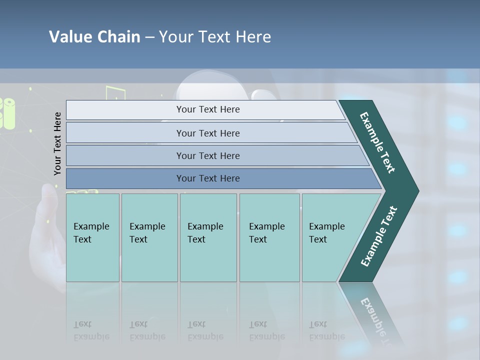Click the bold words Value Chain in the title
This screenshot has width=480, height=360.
coord(94,37)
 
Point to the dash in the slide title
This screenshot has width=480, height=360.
coord(149,37)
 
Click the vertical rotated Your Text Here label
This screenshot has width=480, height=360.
coord(57,144)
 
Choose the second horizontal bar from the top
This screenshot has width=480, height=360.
coord(208,133)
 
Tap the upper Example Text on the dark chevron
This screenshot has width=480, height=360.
coord(377,142)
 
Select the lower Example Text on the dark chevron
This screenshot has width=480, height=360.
coord(378,236)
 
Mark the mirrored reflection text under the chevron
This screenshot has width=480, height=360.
coord(378,317)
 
